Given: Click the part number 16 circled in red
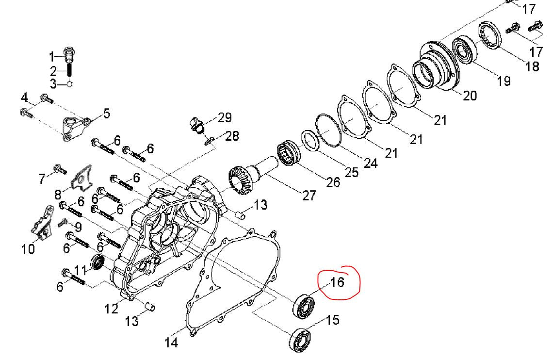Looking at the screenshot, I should tap(337, 282).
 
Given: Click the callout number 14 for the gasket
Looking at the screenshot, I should tap(171, 343).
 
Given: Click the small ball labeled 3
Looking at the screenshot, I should tap(70, 84).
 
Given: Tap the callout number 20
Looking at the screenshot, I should tap(470, 96).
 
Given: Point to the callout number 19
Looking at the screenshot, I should tap(503, 80).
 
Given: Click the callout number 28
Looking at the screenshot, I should tap(232, 136).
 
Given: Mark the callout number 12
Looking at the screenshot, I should tap(112, 308).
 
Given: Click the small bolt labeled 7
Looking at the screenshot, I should tap(60, 169).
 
